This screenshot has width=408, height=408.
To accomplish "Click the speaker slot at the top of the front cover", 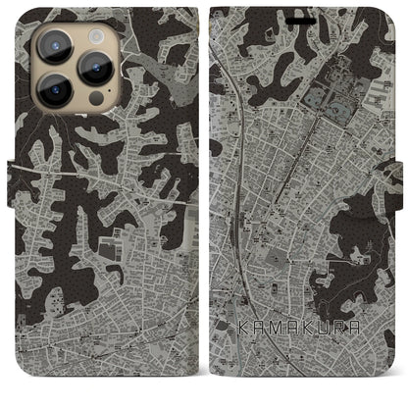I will [x=306, y=12].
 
